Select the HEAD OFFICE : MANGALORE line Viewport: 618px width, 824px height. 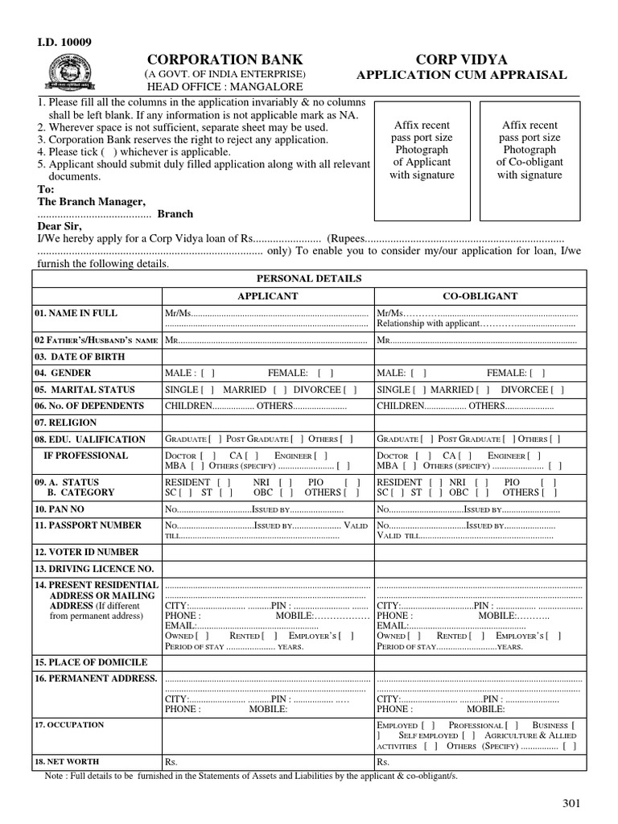click(223, 87)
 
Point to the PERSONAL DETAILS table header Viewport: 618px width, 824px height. click(308, 278)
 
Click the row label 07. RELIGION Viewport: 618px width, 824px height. click(65, 422)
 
